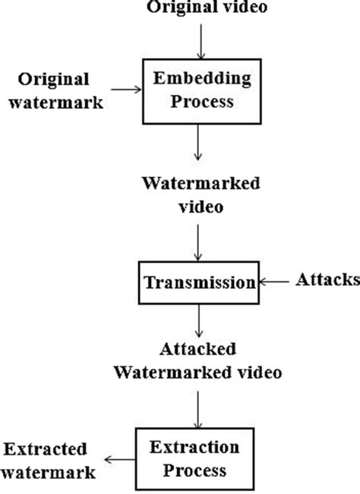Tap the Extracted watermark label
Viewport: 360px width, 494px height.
coord(49,460)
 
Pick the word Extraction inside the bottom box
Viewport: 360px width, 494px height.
coord(198,448)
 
